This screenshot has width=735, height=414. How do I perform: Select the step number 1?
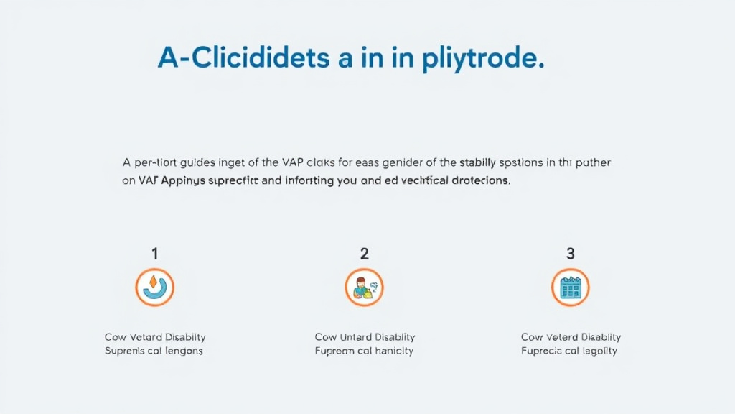pos(155,253)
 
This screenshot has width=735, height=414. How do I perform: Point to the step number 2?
pos(365,253)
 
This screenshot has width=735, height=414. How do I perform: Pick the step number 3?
pos(571,253)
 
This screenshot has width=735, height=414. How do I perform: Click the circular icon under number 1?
pos(155,287)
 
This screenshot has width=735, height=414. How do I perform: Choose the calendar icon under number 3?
pos(571,287)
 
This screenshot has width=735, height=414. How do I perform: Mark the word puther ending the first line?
pos(594,162)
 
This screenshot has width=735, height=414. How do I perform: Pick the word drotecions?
pos(475,181)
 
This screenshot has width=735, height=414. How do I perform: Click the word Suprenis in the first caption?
pos(124,351)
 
